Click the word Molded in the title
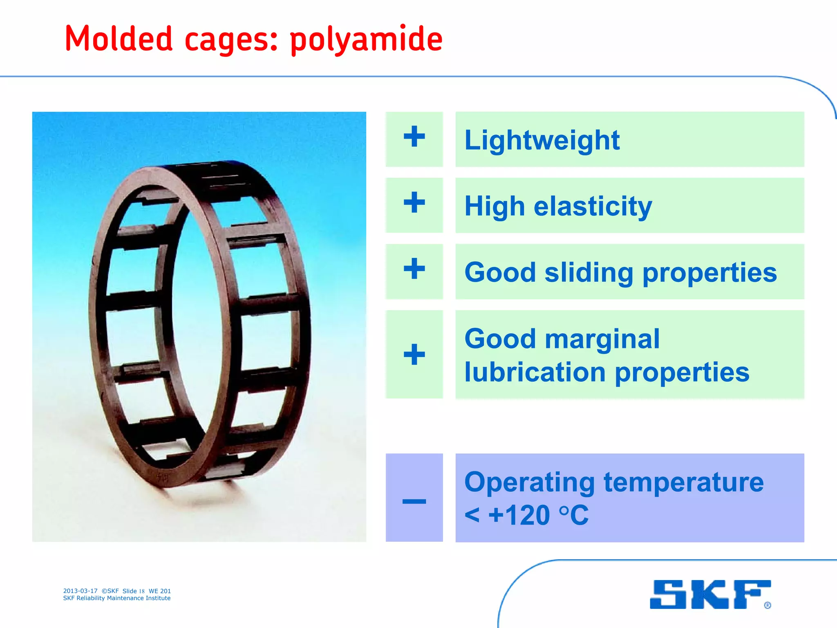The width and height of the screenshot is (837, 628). (x=119, y=39)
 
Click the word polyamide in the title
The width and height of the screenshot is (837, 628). (x=366, y=40)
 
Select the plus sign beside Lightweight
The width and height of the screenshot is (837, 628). (x=414, y=137)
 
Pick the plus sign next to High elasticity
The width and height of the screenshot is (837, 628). (x=414, y=202)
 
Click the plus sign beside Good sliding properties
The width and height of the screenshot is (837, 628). (x=414, y=269)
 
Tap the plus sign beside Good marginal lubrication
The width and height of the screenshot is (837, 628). (x=414, y=354)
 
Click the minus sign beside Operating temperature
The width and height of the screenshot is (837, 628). (x=414, y=501)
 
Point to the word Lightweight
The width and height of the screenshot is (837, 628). (x=542, y=140)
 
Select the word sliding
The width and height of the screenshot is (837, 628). (x=589, y=273)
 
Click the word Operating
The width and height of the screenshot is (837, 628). (x=529, y=482)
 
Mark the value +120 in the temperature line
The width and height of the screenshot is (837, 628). (x=519, y=515)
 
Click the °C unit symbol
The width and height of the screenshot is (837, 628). (x=574, y=515)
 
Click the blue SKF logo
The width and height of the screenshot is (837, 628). (x=709, y=594)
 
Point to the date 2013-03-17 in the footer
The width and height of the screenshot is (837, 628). (x=80, y=591)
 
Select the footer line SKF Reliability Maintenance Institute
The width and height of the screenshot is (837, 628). (x=117, y=598)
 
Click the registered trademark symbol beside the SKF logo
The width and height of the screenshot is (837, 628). (x=768, y=605)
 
